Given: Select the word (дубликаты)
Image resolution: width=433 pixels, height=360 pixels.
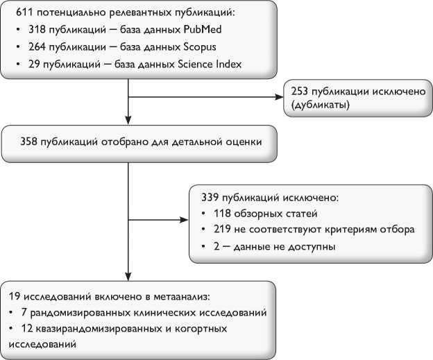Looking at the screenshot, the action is click(x=321, y=106).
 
